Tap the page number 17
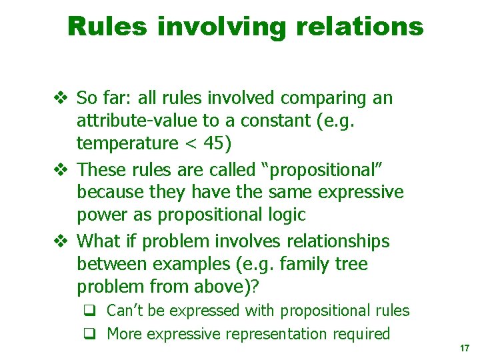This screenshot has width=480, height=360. point(465,349)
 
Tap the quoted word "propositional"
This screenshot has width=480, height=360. point(325,169)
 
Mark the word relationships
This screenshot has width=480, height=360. point(333,241)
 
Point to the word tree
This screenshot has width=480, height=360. point(352,264)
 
